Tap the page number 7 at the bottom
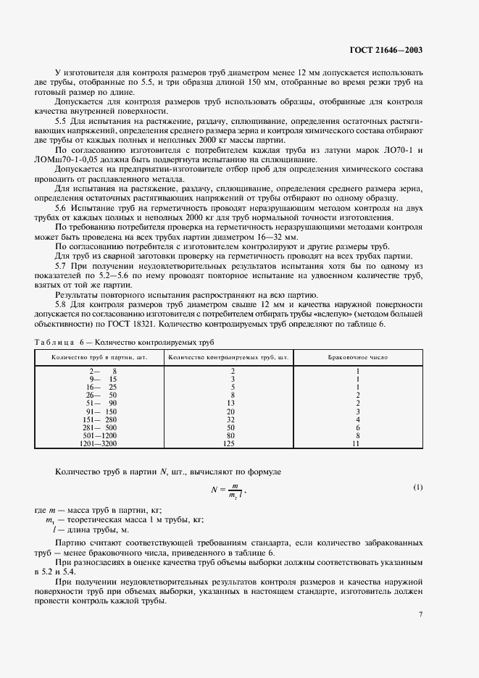[x=420, y=614]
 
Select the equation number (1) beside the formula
[x=417, y=487]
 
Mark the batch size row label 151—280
[x=100, y=419]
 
